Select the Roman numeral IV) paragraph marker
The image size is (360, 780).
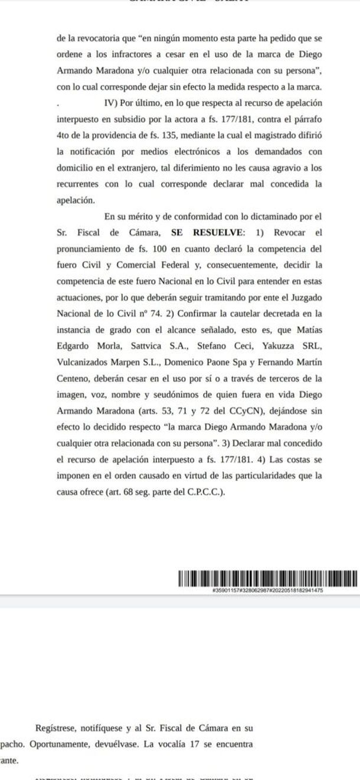[x=111, y=103]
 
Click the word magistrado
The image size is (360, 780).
[x=264, y=135]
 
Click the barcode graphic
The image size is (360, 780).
[x=267, y=578]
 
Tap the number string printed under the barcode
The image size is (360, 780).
[x=267, y=590]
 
